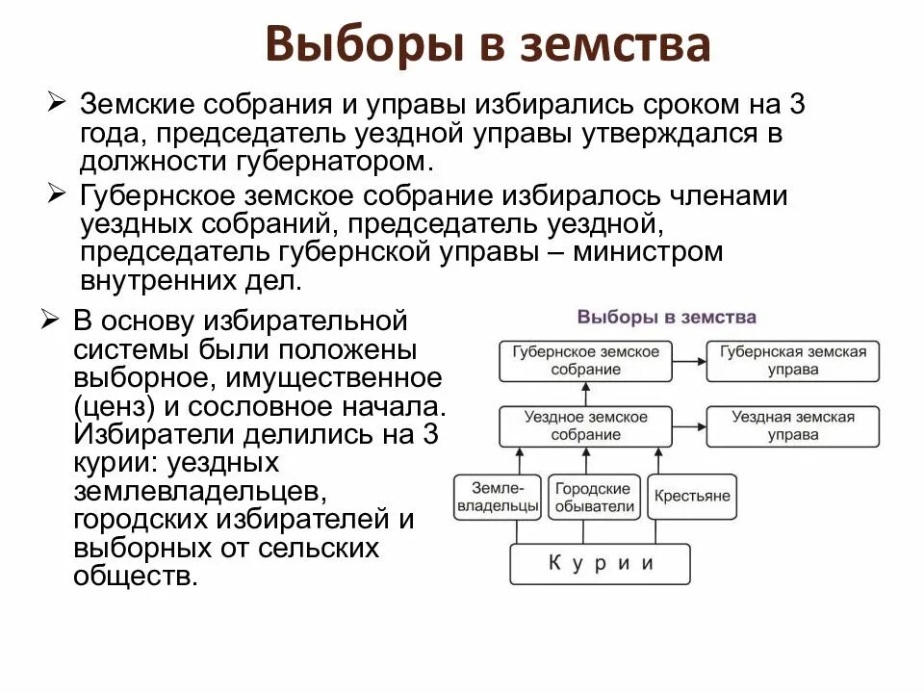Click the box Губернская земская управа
pyautogui.click(x=793, y=360)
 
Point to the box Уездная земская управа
pyautogui.click(x=793, y=425)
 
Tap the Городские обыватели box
pyautogui.click(x=594, y=497)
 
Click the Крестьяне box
pyautogui.click(x=692, y=497)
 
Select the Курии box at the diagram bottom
pyautogui.click(x=600, y=564)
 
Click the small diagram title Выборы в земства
pyautogui.click(x=666, y=317)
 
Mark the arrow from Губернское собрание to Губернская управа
pyautogui.click(x=690, y=360)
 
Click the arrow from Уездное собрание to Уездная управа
pyautogui.click(x=690, y=425)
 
